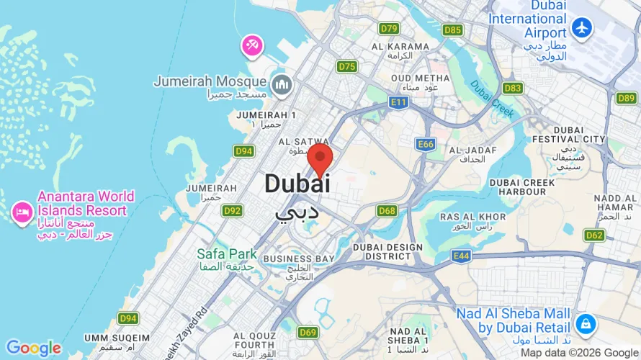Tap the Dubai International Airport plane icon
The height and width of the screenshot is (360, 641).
point(581,27)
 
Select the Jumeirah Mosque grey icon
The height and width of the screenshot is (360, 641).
point(282,84)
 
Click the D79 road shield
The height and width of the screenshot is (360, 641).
point(389,28)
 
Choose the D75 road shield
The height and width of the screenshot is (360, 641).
point(347,66)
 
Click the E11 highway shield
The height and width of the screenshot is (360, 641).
point(398,103)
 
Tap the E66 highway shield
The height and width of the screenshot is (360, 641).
point(426,144)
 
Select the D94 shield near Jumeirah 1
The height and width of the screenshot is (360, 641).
point(243,150)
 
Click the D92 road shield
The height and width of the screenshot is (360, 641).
point(232,210)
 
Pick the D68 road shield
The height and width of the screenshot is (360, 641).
point(387,210)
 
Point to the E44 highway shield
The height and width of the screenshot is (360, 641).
point(462,255)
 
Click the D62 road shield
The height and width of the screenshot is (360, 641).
point(594,235)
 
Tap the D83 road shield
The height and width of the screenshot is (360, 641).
point(513,88)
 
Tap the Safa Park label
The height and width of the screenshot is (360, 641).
point(227,253)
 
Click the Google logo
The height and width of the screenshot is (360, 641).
point(34,348)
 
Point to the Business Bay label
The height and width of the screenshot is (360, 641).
point(298,258)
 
